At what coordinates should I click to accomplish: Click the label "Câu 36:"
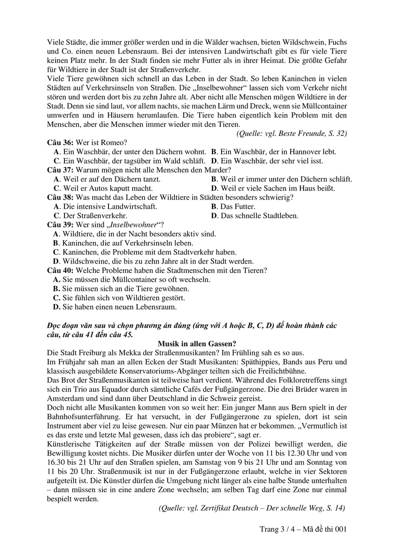coord(59,142)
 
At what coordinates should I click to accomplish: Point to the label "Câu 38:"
coord(59,197)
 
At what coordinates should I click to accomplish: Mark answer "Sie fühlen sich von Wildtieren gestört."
coord(124,297)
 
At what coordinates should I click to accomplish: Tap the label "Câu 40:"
coord(59,270)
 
